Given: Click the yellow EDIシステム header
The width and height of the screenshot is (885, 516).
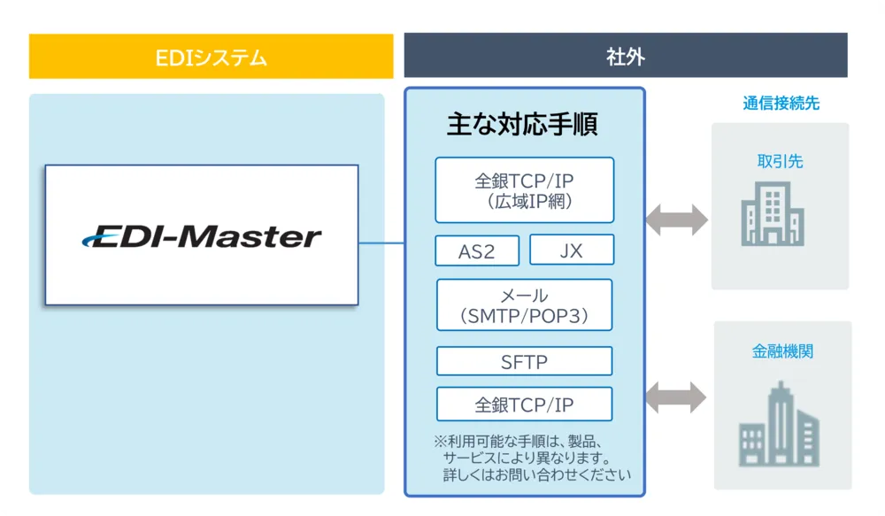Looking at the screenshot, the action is pos(212,57).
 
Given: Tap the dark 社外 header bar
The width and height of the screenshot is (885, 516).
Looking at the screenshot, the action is pos(626,56).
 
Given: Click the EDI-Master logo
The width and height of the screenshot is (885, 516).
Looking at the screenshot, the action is pos(202,236).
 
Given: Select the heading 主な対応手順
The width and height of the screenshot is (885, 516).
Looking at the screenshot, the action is pos(522,124).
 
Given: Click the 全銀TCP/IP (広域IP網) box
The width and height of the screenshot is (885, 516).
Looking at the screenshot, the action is pos(524,190).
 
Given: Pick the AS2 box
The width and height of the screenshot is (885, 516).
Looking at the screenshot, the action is pos(477,250).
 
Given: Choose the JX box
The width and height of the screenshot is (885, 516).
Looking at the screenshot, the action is pos(572,250).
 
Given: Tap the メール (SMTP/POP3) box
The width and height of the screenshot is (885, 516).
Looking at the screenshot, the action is pos(524,304).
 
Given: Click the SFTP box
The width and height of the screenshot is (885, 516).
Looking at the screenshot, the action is pos(524,361).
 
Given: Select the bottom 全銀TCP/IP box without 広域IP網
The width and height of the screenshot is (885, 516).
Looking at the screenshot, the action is pos(524,404).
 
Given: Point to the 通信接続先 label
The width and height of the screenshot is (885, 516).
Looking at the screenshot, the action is pos(781,104).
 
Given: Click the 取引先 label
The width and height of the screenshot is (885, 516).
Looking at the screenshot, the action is pos(780,161).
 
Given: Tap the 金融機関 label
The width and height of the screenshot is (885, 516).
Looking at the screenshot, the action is pos(782,351).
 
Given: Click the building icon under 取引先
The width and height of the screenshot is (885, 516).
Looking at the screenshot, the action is pos(773,214).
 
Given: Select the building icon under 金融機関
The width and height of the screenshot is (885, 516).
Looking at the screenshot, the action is pos(780,424).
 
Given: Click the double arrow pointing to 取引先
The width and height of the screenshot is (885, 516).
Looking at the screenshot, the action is pos(676,219).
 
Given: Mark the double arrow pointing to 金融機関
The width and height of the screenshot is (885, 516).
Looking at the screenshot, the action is pos(675,397).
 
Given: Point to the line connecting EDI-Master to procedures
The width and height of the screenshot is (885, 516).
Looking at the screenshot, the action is pos(381,243).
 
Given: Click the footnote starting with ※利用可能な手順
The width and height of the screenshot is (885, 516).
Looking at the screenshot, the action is pos(532,458).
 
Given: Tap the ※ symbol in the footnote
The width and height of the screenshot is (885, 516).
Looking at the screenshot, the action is pos(440,442).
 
